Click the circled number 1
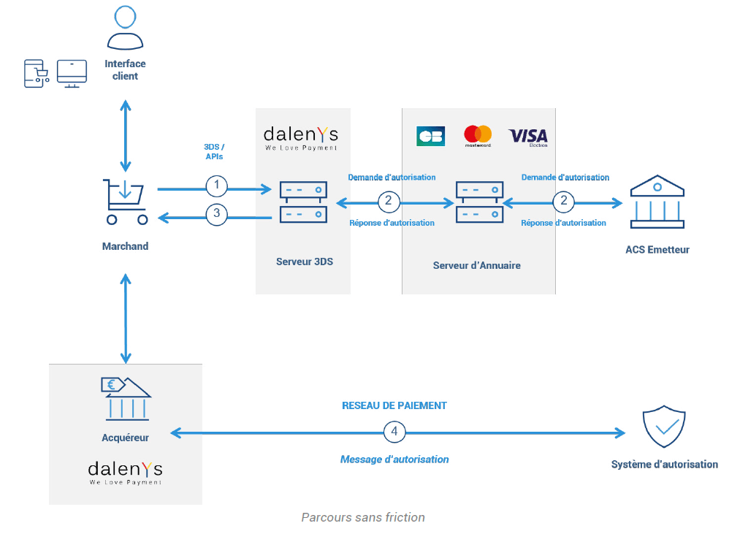pos(216,186)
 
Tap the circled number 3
pos(216,215)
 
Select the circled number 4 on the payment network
pos(394,432)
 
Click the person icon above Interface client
pos(125,27)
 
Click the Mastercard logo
pos(478,136)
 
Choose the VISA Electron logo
pos(528,137)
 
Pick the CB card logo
pos(430,137)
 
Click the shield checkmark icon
pos(663,427)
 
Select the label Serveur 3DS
pos(305,262)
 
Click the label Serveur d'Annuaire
pos(477,265)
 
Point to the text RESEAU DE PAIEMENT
pos(394,405)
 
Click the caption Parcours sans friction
pos(363,517)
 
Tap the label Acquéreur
pos(125,438)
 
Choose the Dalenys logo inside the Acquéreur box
pos(125,472)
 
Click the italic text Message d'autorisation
pos(394,459)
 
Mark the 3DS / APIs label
pos(214,151)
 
